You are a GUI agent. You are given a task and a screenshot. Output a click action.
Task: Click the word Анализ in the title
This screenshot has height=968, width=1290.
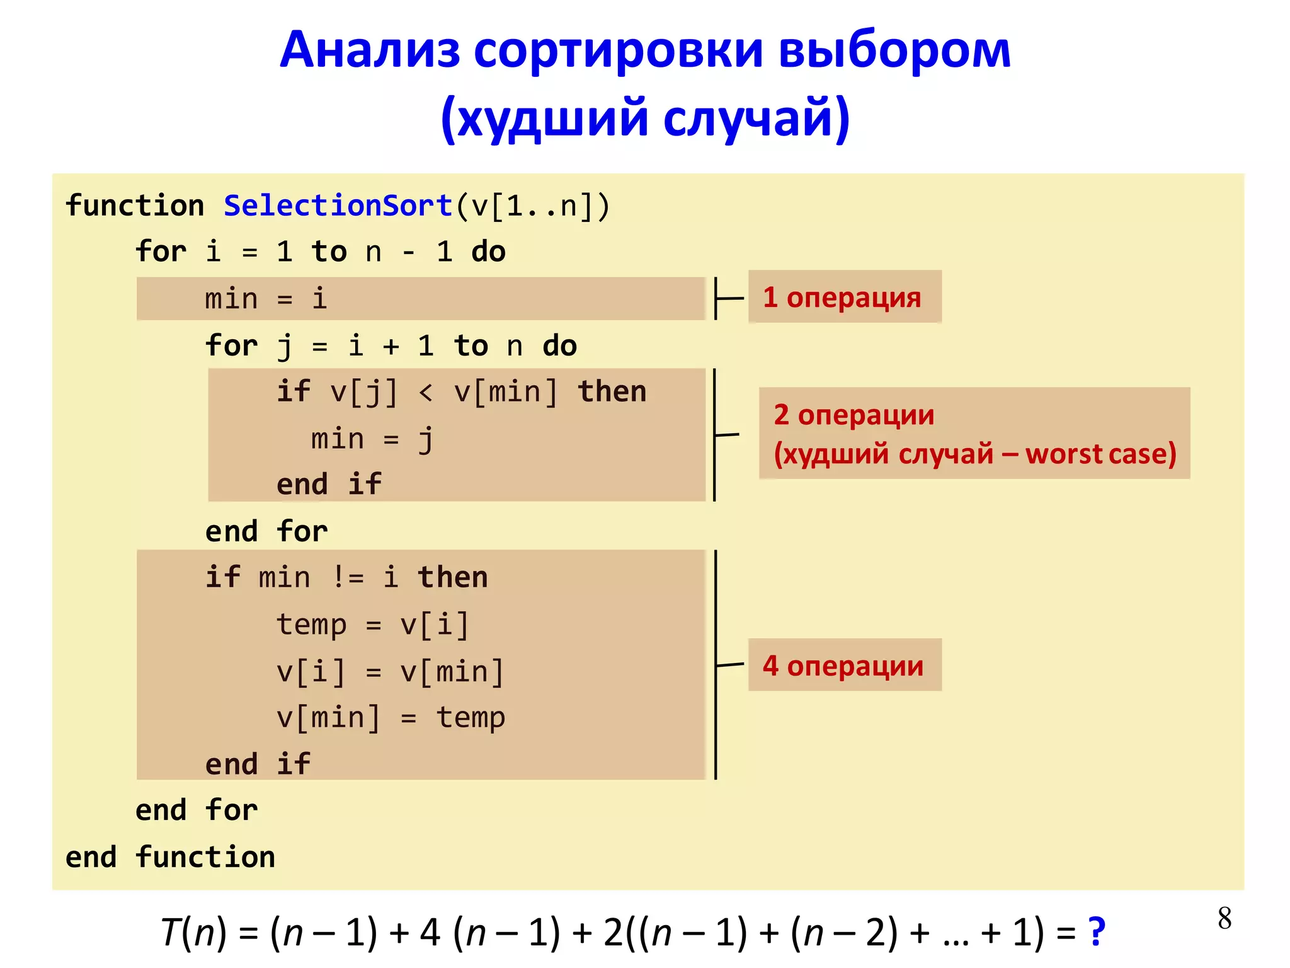click(x=370, y=50)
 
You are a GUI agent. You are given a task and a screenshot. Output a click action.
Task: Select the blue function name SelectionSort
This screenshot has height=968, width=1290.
click(x=338, y=206)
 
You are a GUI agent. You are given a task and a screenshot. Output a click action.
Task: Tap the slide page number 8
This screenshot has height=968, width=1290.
click(x=1224, y=918)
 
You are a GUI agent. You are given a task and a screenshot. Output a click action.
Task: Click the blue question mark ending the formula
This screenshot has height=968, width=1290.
click(x=1097, y=931)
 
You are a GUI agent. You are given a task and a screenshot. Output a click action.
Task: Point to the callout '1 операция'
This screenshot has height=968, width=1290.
click(x=843, y=297)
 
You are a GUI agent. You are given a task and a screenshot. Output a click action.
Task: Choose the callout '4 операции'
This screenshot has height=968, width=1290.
click(x=843, y=665)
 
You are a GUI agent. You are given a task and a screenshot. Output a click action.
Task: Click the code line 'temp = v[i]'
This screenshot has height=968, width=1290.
click(x=373, y=625)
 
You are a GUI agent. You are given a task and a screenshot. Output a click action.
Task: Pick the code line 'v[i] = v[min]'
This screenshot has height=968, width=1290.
click(x=391, y=672)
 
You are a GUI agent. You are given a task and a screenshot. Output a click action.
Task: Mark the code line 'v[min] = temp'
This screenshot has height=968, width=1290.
click(x=391, y=718)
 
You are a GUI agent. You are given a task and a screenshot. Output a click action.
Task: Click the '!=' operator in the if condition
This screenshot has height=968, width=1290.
click(x=347, y=577)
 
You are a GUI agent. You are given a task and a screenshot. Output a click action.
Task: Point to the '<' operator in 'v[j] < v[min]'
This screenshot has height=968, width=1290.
click(x=426, y=392)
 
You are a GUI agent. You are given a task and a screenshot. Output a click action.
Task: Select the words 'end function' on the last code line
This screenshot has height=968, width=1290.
click(x=170, y=857)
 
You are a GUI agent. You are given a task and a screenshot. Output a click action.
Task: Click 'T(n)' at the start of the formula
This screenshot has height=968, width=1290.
click(x=193, y=932)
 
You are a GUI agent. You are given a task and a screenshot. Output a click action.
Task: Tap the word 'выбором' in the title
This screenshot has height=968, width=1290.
click(x=894, y=50)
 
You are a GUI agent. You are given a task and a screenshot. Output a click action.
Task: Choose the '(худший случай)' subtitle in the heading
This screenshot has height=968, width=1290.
click(x=645, y=118)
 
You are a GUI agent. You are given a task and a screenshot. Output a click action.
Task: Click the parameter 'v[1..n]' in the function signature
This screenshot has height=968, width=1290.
click(x=532, y=206)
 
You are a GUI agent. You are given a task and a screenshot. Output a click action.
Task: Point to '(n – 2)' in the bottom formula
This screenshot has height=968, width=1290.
click(x=845, y=932)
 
